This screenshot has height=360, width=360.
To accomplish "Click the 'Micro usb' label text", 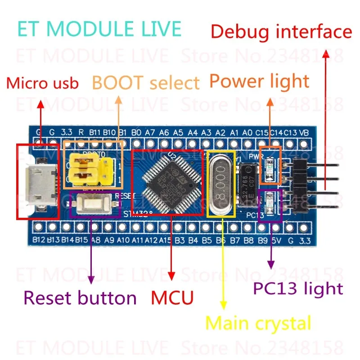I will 43,83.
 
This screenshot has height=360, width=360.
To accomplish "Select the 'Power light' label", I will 259,81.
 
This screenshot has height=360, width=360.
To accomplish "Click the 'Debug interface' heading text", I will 281,32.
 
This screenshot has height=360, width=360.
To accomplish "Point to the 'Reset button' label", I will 80,297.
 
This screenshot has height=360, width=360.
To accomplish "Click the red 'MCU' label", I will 172,297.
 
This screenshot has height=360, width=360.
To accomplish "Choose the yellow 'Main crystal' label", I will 258,323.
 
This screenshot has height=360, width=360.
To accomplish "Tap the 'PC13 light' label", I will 298,288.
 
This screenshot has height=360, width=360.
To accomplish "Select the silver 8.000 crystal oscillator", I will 220,182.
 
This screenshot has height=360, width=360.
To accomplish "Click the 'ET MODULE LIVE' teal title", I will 99,28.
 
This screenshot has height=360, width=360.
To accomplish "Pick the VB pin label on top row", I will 304,133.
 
